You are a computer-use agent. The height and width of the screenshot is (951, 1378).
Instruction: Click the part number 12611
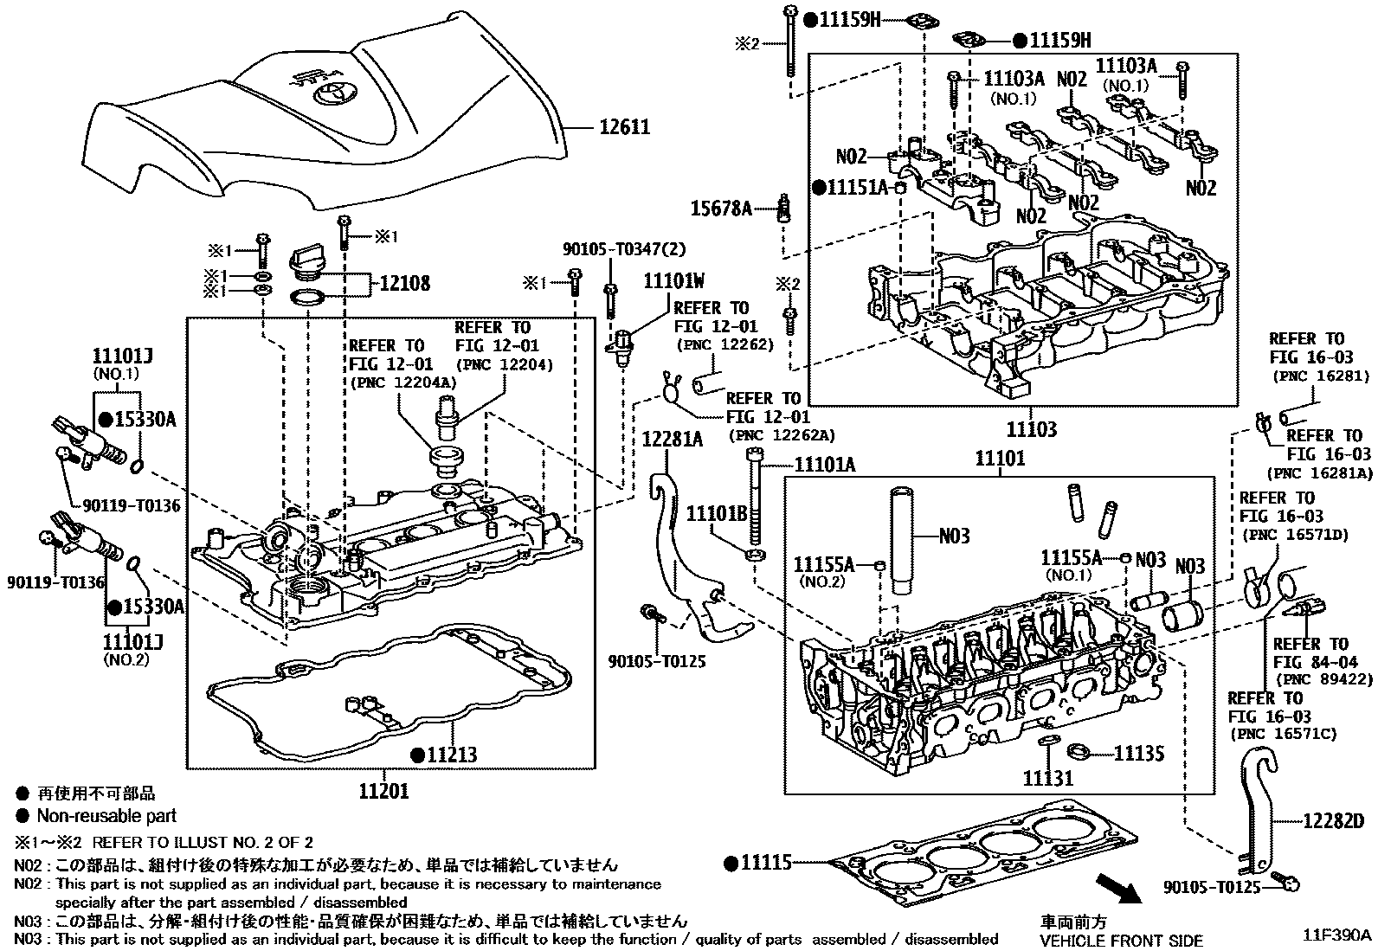coord(625,128)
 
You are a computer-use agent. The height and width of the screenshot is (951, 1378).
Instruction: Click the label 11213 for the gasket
coord(451,755)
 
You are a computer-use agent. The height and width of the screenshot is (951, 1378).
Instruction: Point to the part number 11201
coord(383,790)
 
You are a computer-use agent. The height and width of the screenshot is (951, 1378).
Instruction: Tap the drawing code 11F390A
coord(1338,935)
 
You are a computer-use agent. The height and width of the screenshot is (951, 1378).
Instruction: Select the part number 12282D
coord(1333,820)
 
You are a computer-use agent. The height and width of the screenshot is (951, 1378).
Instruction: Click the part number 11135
coord(1138,754)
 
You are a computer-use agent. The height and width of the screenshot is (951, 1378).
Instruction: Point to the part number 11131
coord(1047,778)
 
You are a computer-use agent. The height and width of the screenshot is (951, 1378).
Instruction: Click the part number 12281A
coord(672,440)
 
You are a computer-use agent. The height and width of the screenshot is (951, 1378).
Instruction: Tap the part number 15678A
coord(721,209)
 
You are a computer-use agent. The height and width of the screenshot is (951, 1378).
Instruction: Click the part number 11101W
coord(673,281)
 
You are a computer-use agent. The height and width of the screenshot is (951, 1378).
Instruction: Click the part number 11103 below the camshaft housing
coord(1031,429)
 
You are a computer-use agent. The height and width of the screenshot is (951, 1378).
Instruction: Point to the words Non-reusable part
coord(106,815)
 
